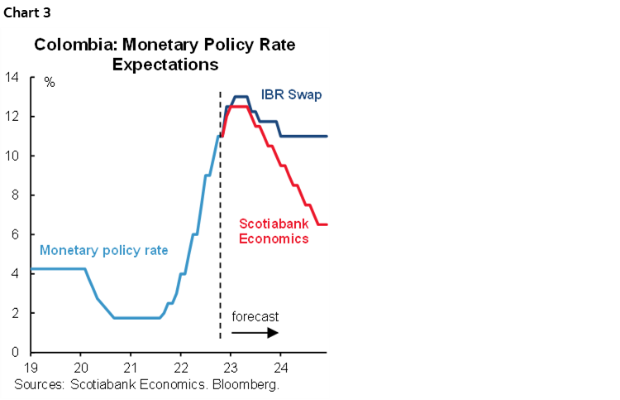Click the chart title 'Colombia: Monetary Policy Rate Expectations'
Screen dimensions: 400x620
(165, 54)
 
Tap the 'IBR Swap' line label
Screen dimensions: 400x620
(291, 94)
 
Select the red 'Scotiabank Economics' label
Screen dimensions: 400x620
(274, 230)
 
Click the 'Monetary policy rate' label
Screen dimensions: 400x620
(103, 250)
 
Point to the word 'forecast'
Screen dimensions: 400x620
(255, 316)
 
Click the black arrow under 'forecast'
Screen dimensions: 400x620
(255, 332)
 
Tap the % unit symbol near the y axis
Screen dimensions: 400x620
(49, 84)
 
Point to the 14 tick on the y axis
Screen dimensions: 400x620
(12, 78)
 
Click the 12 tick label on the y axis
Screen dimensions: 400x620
(12, 117)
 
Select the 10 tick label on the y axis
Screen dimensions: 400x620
(12, 157)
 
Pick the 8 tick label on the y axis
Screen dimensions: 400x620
(15, 195)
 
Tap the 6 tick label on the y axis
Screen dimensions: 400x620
(15, 235)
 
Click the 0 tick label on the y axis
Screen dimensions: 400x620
(15, 353)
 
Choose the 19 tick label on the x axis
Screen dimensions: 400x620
(31, 368)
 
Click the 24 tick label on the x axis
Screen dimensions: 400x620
(280, 368)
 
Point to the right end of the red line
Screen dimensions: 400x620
(327, 224)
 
